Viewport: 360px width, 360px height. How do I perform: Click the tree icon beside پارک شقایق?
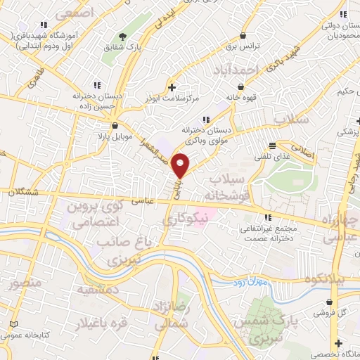(123, 36)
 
